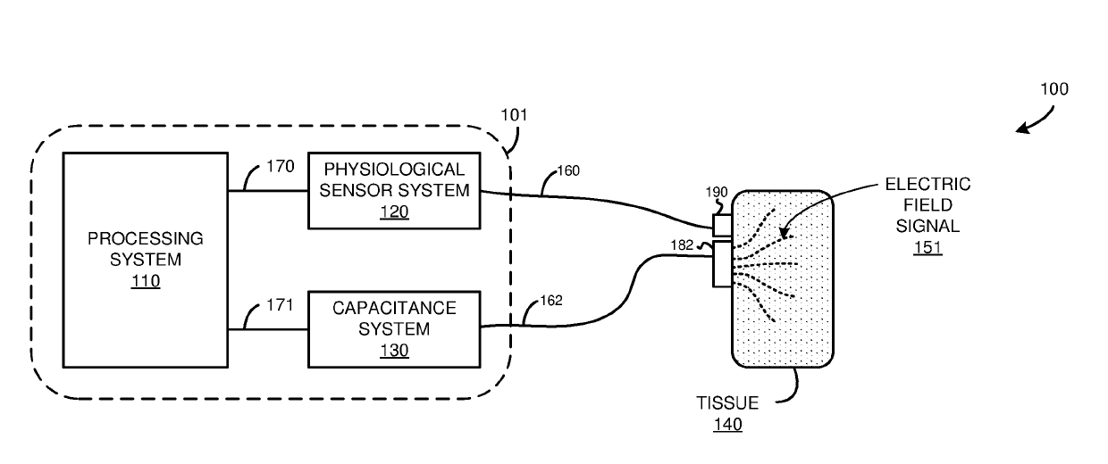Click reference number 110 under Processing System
click(146, 281)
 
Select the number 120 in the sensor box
click(394, 211)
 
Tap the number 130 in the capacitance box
click(394, 351)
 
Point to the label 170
click(281, 167)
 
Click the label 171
click(280, 305)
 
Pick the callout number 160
click(568, 171)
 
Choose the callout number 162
click(551, 301)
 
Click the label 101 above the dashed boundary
click(514, 115)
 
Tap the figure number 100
click(1054, 89)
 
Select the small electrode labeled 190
click(722, 226)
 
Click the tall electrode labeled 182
click(722, 264)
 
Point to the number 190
click(717, 192)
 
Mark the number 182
click(682, 245)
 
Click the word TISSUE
click(727, 403)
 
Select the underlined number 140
click(727, 425)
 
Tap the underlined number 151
click(928, 247)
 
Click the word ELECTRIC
click(928, 185)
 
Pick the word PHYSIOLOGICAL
click(394, 170)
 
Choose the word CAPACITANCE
click(394, 309)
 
